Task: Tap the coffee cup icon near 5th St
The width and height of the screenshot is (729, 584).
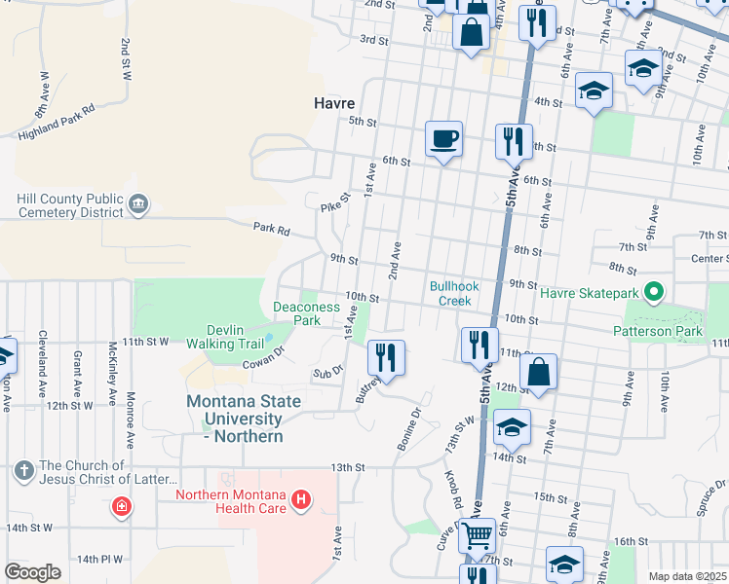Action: coord(443,138)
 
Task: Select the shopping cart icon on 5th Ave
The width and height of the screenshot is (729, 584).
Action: coord(476,534)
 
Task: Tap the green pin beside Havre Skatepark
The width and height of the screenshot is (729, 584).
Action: coord(655,291)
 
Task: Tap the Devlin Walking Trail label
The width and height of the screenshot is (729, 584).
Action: coord(234,337)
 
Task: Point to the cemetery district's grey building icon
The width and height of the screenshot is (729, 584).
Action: coord(137,203)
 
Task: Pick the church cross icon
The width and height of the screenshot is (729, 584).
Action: coord(23,472)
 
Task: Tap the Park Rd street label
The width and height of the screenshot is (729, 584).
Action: coord(272,231)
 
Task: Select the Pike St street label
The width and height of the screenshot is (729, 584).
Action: coord(334,202)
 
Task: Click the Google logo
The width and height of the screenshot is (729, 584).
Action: coord(32,572)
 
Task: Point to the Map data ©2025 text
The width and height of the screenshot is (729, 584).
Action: coord(686,576)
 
